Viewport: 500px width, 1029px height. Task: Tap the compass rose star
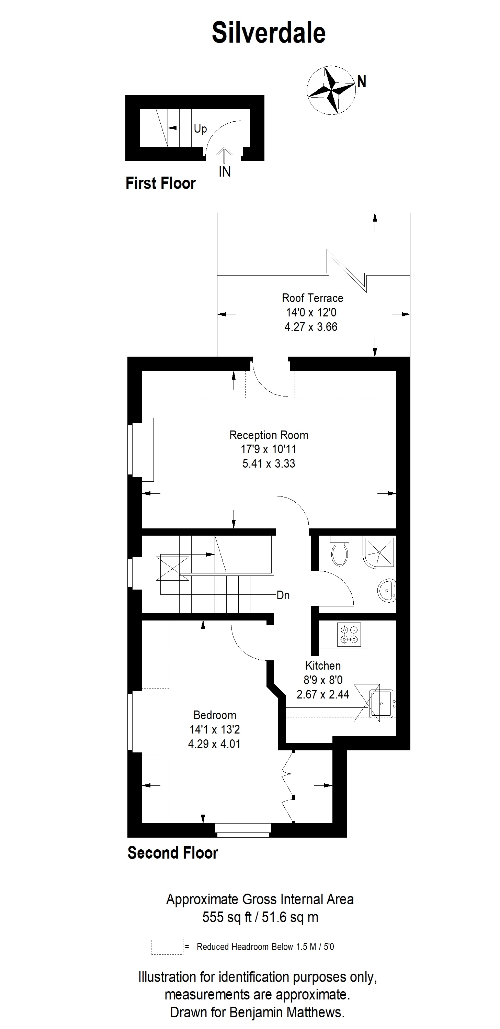click(x=331, y=90)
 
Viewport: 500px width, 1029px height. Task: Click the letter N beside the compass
click(x=361, y=82)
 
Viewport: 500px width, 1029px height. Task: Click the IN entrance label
click(x=225, y=171)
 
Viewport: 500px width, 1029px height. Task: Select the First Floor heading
click(x=161, y=183)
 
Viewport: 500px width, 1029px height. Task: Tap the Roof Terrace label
click(x=312, y=298)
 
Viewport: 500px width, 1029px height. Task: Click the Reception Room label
click(x=269, y=435)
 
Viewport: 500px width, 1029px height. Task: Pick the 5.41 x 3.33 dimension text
click(x=269, y=463)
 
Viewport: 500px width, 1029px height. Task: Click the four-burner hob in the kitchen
click(x=349, y=635)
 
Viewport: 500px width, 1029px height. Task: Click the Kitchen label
click(x=323, y=666)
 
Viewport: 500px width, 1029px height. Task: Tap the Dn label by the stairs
click(x=283, y=595)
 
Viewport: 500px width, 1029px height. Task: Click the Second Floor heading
click(x=172, y=853)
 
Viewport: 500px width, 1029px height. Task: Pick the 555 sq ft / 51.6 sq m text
click(x=260, y=917)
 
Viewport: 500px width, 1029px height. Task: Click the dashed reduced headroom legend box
click(x=167, y=946)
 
